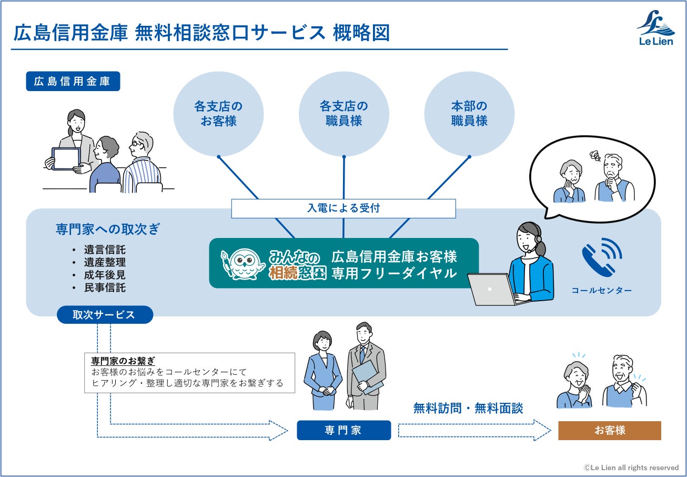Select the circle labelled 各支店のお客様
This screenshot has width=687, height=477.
click(218, 114)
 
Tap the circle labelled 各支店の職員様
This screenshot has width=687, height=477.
click(343, 114)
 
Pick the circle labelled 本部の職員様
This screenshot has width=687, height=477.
click(469, 114)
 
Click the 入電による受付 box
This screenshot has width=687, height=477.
click(343, 208)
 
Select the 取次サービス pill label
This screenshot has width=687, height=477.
click(104, 315)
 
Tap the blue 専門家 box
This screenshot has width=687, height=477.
click(343, 430)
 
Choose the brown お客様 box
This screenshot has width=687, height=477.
click(609, 430)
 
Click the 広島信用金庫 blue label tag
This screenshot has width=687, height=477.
click(73, 82)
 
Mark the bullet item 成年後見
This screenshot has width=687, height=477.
click(105, 275)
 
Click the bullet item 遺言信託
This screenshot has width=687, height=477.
click(105, 250)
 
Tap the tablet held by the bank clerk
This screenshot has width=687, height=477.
click(66, 158)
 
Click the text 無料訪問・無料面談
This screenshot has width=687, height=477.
click(468, 408)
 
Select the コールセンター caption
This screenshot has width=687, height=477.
click(602, 291)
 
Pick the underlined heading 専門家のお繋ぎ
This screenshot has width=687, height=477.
click(123, 361)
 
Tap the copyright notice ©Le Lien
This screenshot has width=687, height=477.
click(631, 468)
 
